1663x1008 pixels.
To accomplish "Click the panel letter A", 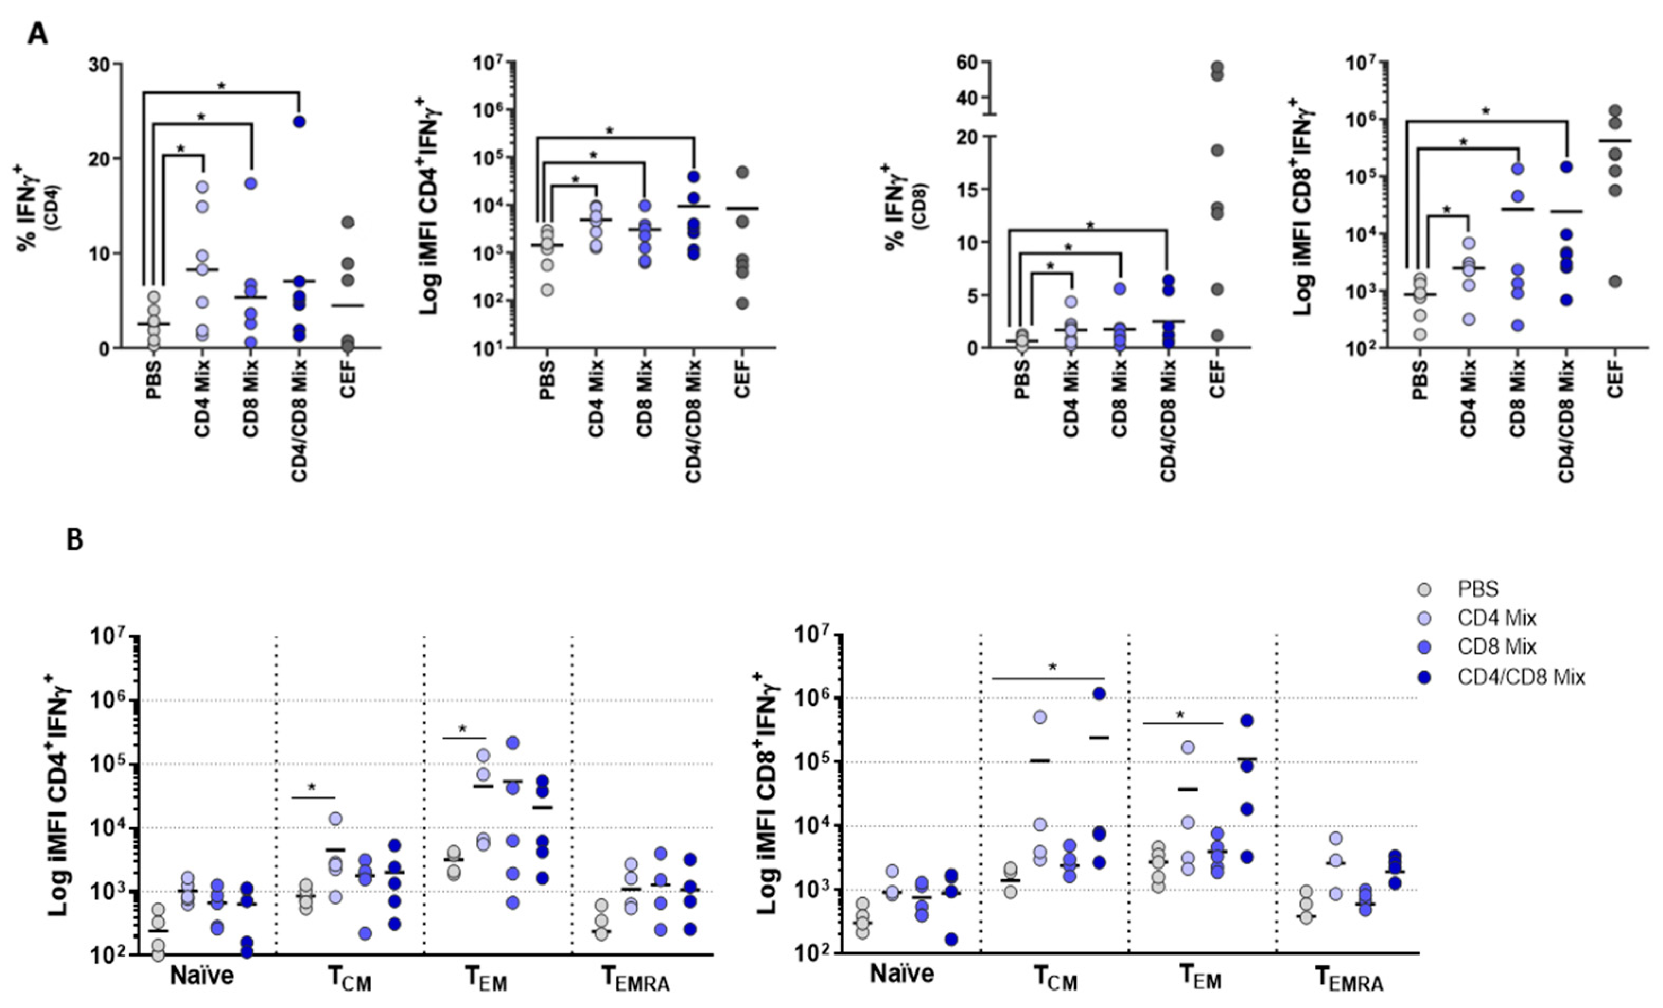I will pyautogui.click(x=37, y=33).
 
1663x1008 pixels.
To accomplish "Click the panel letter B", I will pyautogui.click(x=75, y=540).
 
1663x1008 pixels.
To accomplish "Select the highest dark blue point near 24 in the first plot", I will pyautogui.click(x=299, y=121).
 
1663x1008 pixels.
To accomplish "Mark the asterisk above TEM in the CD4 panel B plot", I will pyautogui.click(x=462, y=729).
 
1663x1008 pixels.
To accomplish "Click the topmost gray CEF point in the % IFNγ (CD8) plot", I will pyautogui.click(x=1217, y=67).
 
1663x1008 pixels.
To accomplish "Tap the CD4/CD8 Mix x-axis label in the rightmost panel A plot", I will pyautogui.click(x=1566, y=421).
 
